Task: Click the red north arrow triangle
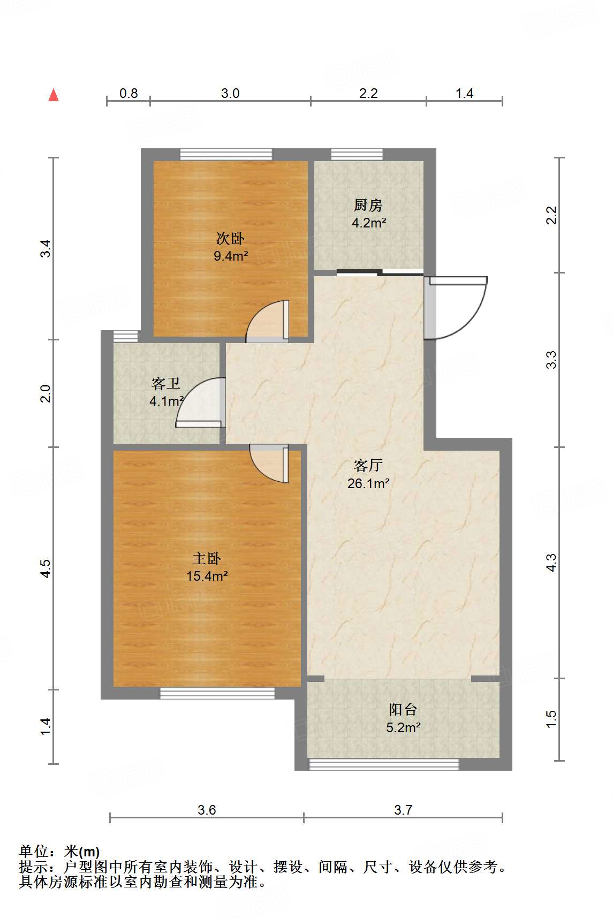(x=54, y=95)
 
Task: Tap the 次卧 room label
(x=230, y=238)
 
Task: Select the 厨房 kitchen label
(x=368, y=205)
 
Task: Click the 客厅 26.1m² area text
(x=368, y=483)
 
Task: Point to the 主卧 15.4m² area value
(x=207, y=576)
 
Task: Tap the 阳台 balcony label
(x=403, y=710)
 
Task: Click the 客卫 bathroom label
(x=165, y=383)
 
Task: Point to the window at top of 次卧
(x=226, y=154)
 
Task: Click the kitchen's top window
(x=357, y=154)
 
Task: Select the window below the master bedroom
(x=217, y=693)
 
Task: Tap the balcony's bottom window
(x=384, y=764)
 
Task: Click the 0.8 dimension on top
(x=128, y=93)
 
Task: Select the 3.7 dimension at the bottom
(x=403, y=810)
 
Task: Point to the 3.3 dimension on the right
(x=551, y=360)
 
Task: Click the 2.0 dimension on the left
(x=46, y=393)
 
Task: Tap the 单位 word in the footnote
(x=34, y=851)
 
